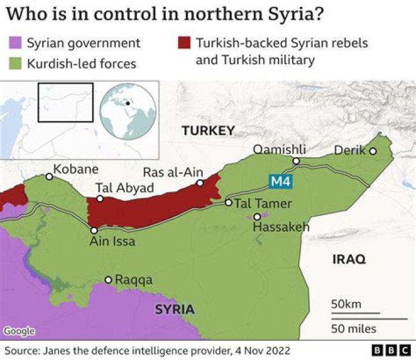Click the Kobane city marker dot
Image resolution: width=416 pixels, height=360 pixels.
coord(50,177)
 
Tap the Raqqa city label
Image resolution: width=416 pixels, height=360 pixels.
coord(133,280)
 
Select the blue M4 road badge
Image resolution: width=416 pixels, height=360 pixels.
coord(281,182)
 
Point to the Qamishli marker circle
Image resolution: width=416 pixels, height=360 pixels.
coord(296,161)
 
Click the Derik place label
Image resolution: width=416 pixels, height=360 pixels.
coord(350,151)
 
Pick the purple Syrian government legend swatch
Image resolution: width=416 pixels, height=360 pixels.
coord(15,43)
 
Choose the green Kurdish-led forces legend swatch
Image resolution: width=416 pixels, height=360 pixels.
coord(15,62)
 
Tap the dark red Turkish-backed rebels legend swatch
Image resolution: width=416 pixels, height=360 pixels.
coord(184,43)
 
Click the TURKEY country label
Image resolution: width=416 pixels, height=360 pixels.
coord(208,131)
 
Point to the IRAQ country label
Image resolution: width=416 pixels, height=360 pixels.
coord(349,259)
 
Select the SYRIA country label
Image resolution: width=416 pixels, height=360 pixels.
coord(174,309)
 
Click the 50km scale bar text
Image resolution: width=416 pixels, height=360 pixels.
coord(347,304)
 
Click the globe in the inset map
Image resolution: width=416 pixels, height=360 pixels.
coord(128,110)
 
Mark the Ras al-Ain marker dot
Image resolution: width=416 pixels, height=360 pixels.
coord(200,183)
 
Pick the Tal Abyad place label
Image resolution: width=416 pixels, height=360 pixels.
coord(125,188)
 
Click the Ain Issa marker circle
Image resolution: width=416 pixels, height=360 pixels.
coord(94,230)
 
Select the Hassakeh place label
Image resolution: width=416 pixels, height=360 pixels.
coord(281,227)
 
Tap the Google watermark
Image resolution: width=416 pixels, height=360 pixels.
coord(19,331)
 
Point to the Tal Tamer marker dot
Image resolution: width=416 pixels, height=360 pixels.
coord(229,203)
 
